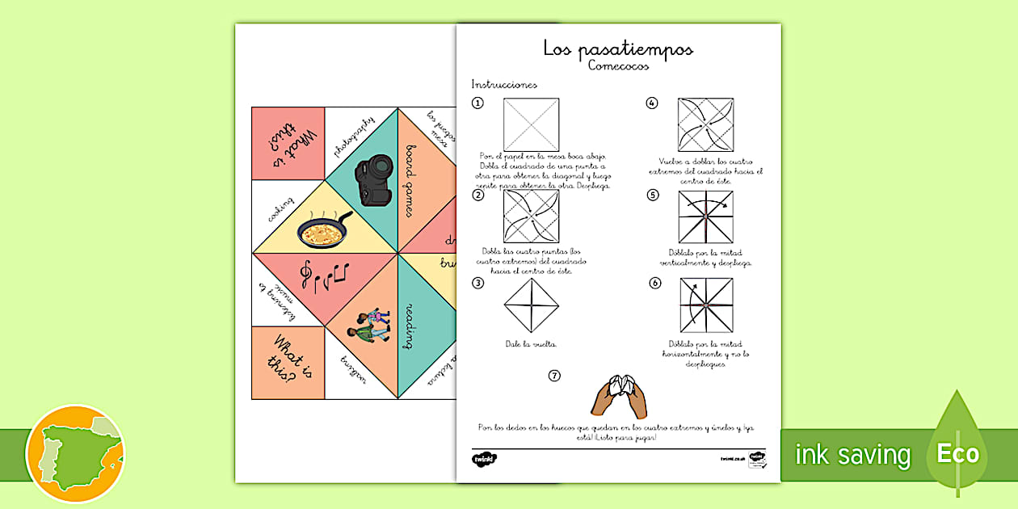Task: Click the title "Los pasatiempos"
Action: coord(618,49)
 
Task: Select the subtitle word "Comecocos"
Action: coord(618,66)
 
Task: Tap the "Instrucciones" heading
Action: coord(504,84)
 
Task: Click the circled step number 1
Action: coord(478,103)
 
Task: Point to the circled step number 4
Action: coord(651,103)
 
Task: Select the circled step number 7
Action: coord(554,375)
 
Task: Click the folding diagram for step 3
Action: coord(531,305)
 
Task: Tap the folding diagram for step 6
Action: coord(705,305)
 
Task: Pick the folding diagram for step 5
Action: coord(705,217)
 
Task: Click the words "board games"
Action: coord(411,180)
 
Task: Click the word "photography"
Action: coord(353,137)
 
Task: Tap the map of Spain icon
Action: coord(75,453)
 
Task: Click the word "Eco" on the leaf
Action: coord(958,453)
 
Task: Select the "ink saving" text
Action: coord(852,455)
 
